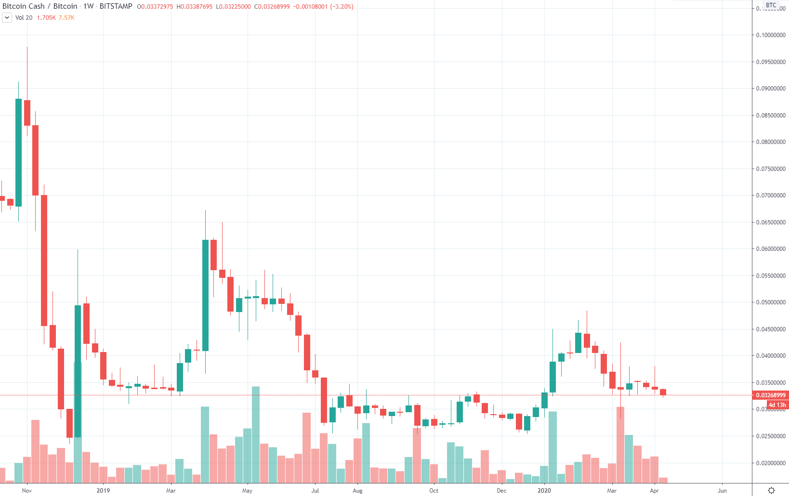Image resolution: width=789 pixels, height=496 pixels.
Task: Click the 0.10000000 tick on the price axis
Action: (x=771, y=35)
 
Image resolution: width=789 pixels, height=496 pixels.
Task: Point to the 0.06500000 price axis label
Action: (x=771, y=222)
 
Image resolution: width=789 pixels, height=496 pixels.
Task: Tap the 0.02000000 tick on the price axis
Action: (x=771, y=463)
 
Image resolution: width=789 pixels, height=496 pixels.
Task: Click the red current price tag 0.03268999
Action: (x=771, y=395)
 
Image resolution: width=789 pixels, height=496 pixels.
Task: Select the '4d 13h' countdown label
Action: (x=777, y=405)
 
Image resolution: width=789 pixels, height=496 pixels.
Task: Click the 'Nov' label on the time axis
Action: (x=27, y=491)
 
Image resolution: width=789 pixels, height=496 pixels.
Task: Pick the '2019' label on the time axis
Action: (x=103, y=491)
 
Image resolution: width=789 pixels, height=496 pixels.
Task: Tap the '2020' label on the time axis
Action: (x=544, y=491)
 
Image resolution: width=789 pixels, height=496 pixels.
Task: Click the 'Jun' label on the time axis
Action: (x=722, y=491)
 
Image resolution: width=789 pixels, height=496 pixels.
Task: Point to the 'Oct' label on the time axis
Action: (x=434, y=491)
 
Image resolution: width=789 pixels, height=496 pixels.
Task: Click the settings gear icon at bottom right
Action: (x=771, y=490)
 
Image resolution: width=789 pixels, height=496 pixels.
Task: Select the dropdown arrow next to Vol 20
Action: (x=7, y=18)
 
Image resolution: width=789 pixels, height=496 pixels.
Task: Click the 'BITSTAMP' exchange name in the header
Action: (x=116, y=6)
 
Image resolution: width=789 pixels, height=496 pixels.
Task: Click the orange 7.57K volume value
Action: (x=66, y=18)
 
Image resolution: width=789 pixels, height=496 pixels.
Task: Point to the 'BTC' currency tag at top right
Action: (x=771, y=5)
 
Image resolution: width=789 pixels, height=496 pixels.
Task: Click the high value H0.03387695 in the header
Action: (x=194, y=7)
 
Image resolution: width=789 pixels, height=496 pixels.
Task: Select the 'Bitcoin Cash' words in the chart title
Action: (x=24, y=6)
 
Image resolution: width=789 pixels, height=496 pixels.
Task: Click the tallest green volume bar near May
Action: (x=256, y=433)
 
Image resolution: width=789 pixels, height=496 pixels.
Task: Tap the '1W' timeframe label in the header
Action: (x=89, y=6)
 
